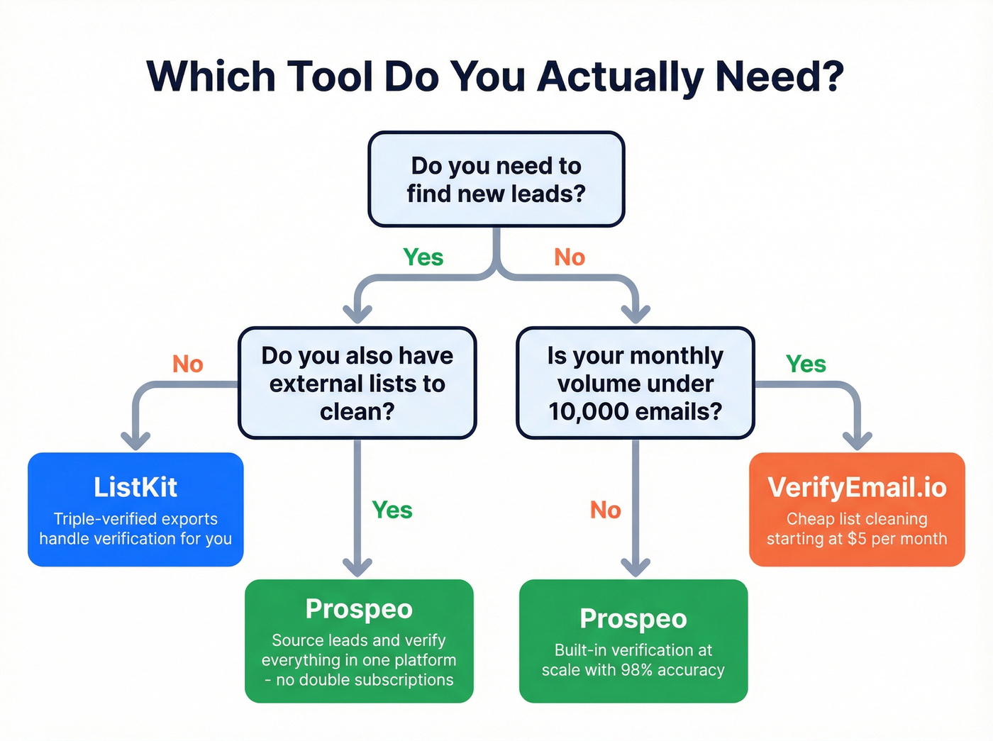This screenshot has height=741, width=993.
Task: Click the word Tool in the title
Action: [329, 77]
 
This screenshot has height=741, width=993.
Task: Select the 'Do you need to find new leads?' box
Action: [496, 179]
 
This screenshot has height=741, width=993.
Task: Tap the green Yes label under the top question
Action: [423, 257]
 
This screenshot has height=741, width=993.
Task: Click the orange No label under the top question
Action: [570, 257]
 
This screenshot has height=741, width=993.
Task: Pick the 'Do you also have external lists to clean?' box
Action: [357, 383]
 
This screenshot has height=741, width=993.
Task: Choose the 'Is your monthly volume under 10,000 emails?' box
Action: [635, 383]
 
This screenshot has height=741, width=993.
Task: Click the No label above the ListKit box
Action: [188, 364]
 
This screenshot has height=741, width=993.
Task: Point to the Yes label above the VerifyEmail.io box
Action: [806, 364]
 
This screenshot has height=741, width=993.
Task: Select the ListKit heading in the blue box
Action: [135, 488]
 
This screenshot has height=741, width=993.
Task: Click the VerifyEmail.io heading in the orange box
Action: [857, 488]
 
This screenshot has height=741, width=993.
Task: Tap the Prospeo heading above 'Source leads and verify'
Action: [359, 609]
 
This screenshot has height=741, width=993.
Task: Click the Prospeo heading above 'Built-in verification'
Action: [633, 619]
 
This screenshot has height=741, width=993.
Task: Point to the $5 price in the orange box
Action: [857, 539]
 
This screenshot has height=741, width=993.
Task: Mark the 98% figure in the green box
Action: [636, 670]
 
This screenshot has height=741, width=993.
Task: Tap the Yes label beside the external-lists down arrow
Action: [392, 510]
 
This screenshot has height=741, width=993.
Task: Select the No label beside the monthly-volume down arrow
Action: [605, 510]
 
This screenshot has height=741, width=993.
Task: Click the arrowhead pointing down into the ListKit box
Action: [135, 440]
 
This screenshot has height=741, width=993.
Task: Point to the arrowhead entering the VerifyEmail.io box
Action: [857, 440]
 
